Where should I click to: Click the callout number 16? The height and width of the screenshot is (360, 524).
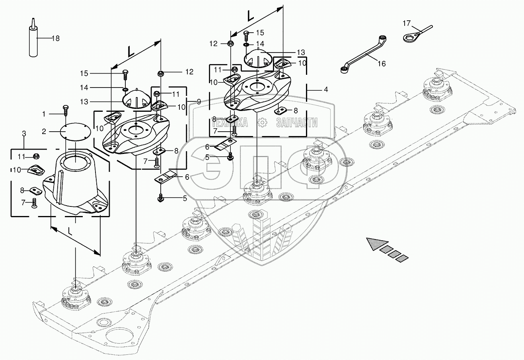(381, 64)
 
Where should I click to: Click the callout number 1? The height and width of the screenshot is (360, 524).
(44, 114)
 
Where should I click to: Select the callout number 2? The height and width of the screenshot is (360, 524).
(45, 131)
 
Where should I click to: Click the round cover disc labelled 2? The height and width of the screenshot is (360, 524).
(76, 132)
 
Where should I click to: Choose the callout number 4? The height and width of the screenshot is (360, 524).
(325, 90)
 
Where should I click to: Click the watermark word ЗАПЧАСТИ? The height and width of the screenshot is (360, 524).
(296, 123)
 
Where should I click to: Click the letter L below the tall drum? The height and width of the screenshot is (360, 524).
(70, 230)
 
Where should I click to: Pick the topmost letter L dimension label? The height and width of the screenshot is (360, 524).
(251, 16)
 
